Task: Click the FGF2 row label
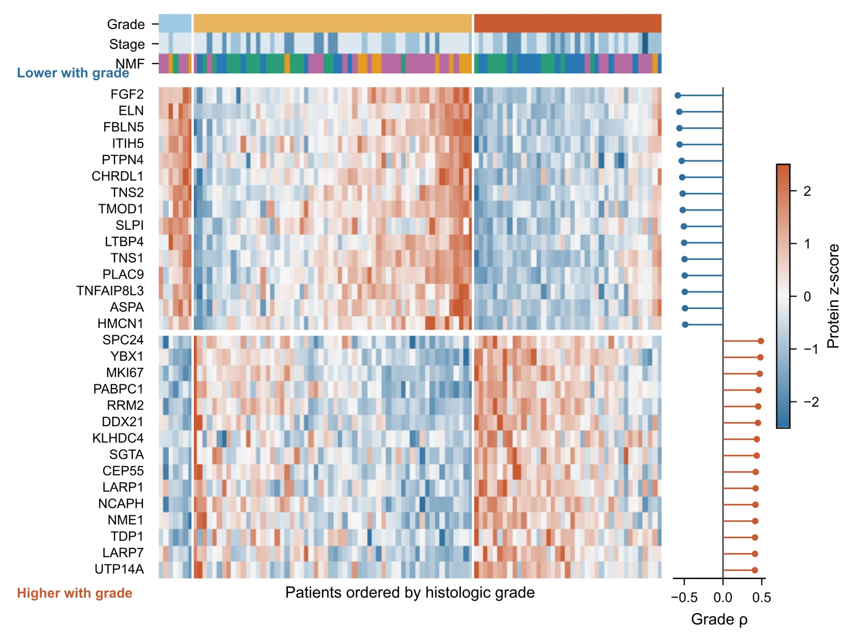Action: coord(127,95)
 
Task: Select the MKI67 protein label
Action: coord(125,373)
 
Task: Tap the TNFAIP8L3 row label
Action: coord(110,291)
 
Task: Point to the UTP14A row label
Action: coord(119,569)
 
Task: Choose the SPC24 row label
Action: coord(123,340)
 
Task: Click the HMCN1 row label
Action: coord(120,324)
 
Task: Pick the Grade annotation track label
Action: coord(126,24)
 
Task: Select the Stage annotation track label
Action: coord(127,44)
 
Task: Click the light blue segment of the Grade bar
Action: coord(175,24)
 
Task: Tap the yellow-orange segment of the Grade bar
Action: coord(333,24)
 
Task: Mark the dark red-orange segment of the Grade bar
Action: coord(568,24)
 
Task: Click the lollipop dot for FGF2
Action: coord(678,96)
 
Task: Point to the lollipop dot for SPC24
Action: coord(760,341)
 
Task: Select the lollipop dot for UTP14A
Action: coord(754,570)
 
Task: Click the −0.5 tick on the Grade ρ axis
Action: coord(684,581)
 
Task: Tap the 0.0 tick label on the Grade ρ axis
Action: coord(723,598)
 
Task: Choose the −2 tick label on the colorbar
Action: coord(811,402)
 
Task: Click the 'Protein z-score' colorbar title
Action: coord(833,296)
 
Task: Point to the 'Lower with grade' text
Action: coord(73,73)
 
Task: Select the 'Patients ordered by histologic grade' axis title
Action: coord(410,592)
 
